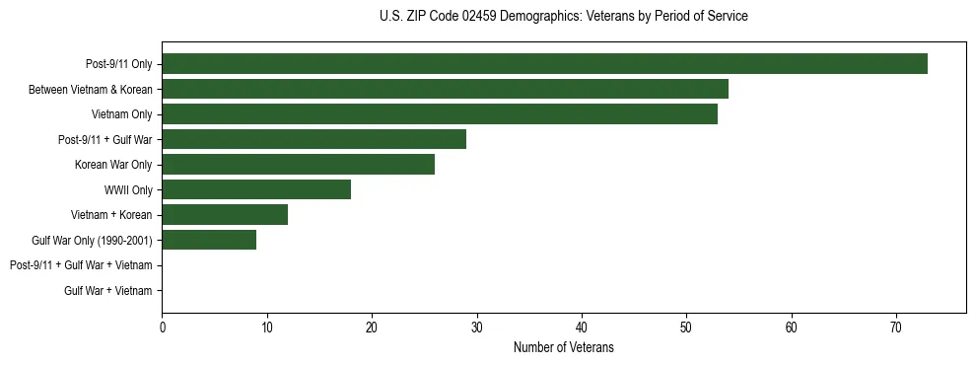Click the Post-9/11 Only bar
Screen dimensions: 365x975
tap(544, 64)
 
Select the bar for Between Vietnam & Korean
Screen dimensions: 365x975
tap(445, 89)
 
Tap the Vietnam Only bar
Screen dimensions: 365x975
tap(440, 114)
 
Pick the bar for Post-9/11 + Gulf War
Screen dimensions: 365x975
tap(313, 139)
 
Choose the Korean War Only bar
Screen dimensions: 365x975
tap(298, 165)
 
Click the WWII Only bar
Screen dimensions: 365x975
tap(256, 189)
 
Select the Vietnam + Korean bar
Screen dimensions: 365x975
tap(225, 215)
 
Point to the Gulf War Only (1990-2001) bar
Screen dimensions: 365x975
tap(209, 240)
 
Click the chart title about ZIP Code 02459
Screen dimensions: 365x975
tap(563, 17)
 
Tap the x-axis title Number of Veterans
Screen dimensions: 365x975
tap(563, 347)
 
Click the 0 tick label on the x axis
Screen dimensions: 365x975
tap(162, 328)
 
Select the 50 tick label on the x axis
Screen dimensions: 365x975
tap(686, 328)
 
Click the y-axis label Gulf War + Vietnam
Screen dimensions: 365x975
tap(108, 290)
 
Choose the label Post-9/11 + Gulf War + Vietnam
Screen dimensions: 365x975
tap(81, 265)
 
